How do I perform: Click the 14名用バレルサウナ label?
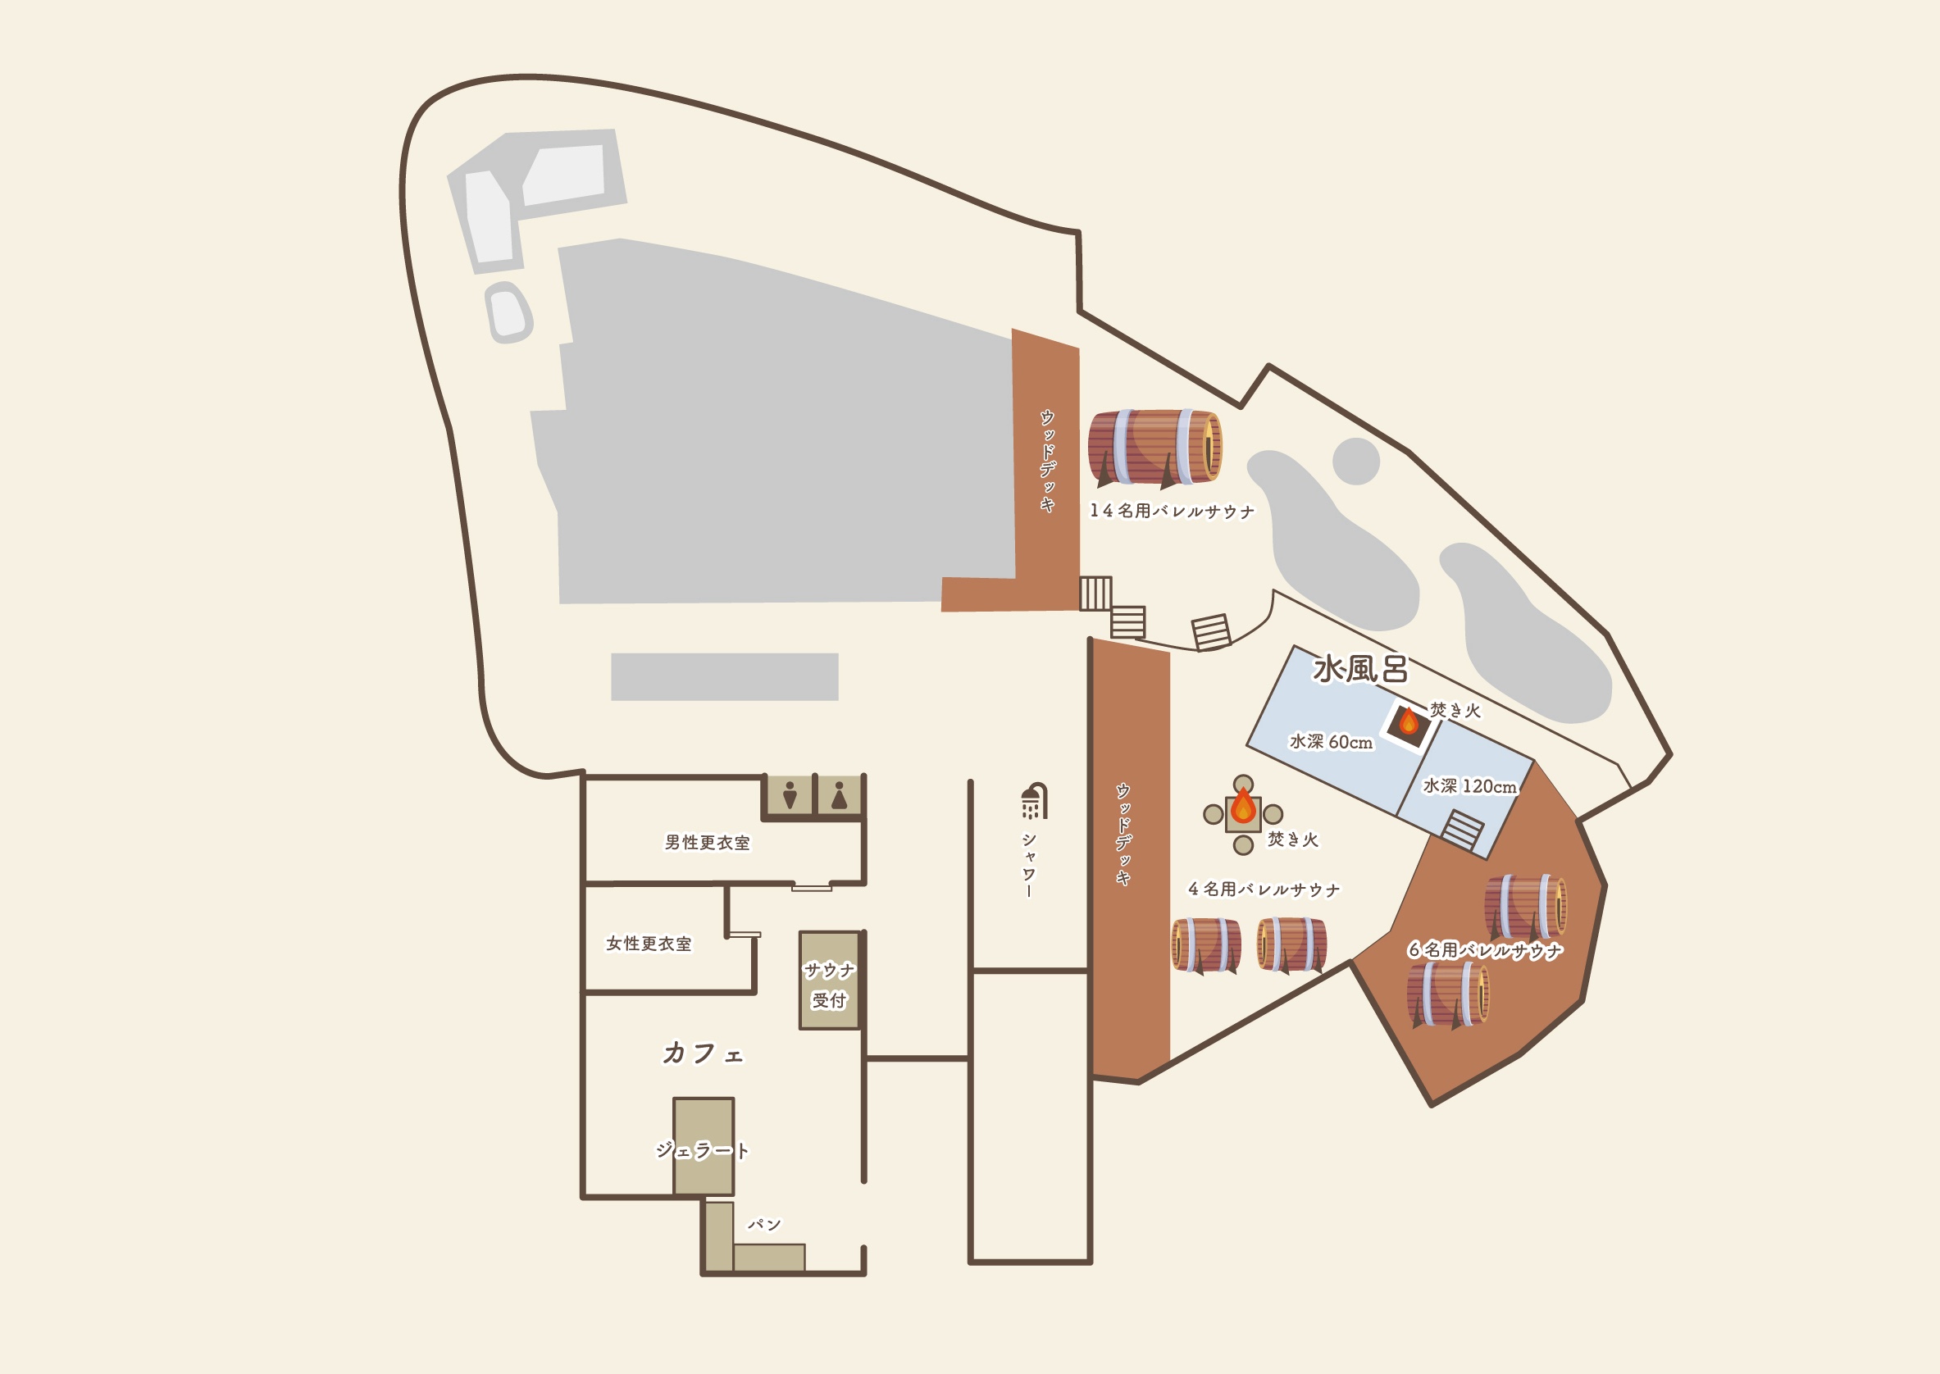coord(1172,511)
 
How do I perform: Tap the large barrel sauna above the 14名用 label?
coord(1154,448)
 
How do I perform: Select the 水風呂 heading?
coord(1359,669)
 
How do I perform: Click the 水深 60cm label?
coord(1331,742)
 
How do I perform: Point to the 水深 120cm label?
coord(1469,786)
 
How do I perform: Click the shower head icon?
coord(1034,800)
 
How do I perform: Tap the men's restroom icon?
coord(790,795)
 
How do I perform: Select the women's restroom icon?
coord(840,795)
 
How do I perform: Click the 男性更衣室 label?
coord(708,843)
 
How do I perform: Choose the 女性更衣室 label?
coord(649,944)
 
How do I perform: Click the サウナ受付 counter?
coord(829,980)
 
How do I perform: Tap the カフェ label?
coord(702,1053)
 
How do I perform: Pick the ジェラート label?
coord(702,1151)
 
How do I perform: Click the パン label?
coord(764,1224)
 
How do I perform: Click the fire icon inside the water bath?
coord(1409,721)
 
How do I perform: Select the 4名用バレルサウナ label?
coord(1264,889)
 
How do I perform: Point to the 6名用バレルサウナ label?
coord(1485,950)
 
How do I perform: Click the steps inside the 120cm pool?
coord(1463,829)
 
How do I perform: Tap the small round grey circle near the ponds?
coord(1356,461)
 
